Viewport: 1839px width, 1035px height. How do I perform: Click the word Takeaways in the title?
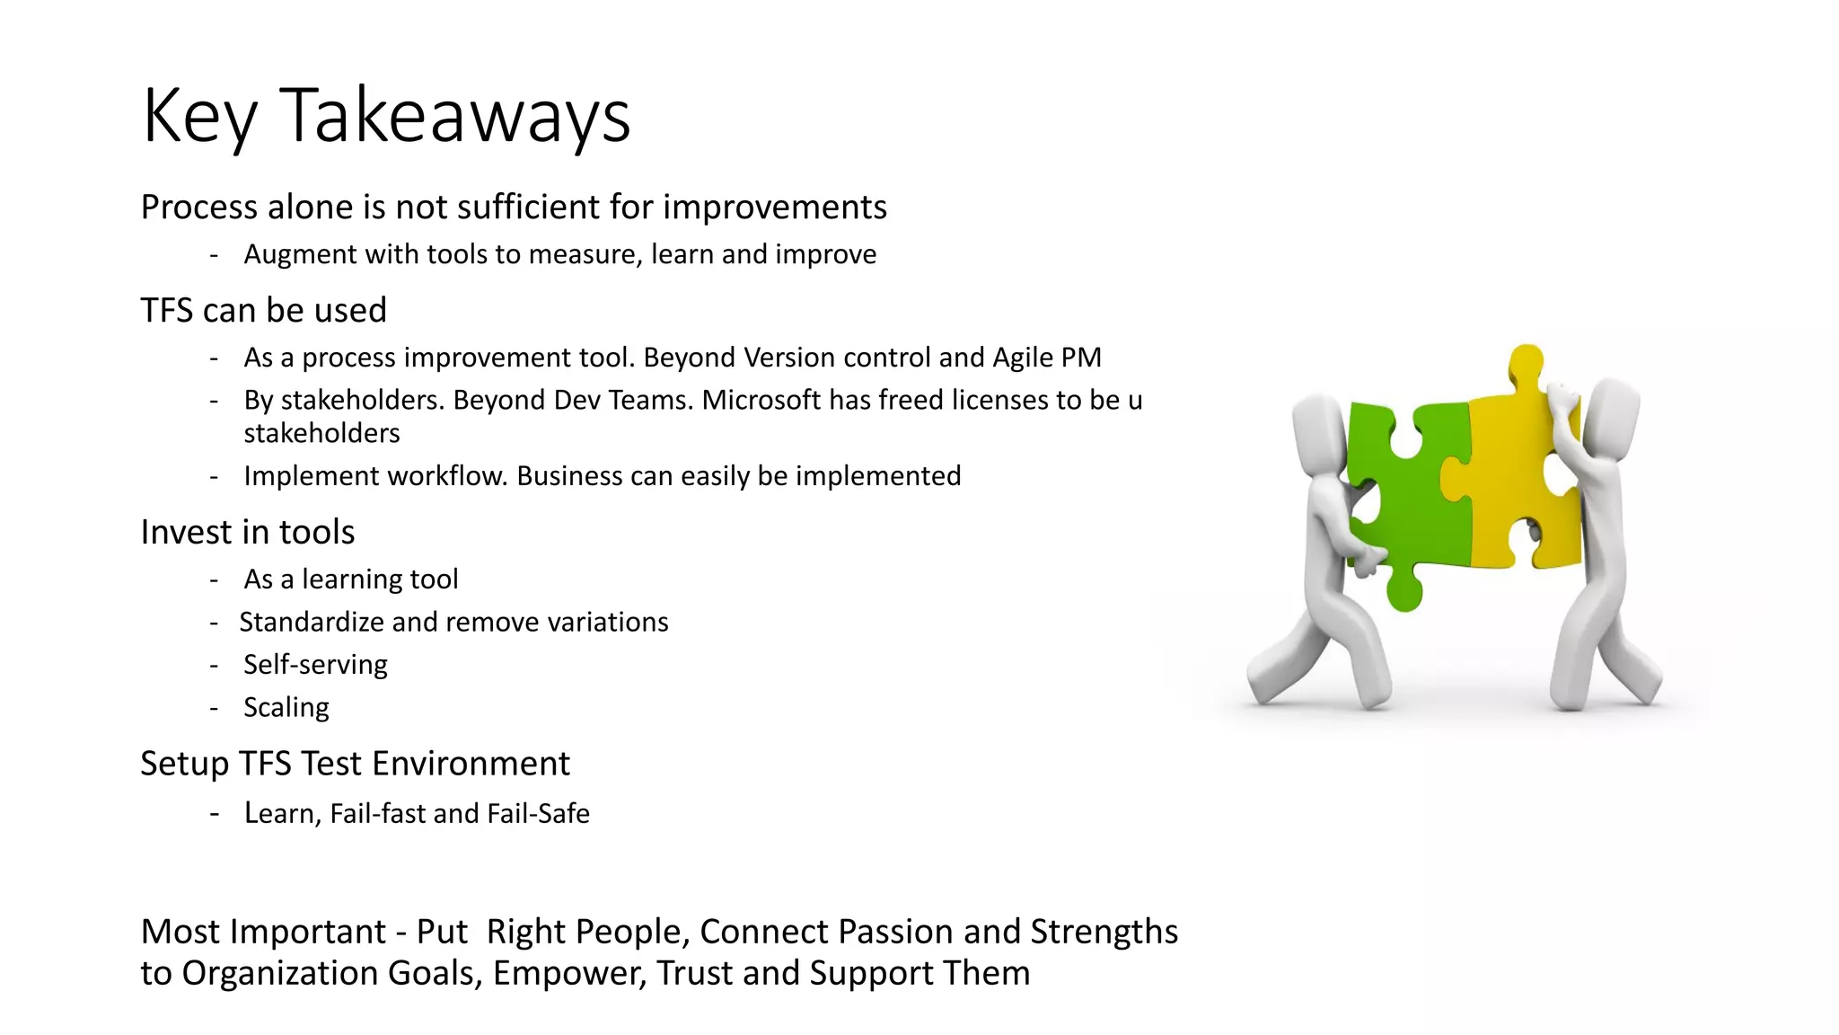point(455,116)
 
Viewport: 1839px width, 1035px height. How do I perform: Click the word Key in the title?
point(199,116)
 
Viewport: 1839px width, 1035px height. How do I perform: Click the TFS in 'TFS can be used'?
point(167,311)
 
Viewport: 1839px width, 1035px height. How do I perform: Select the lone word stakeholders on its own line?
point(321,434)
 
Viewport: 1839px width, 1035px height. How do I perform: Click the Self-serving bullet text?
point(315,665)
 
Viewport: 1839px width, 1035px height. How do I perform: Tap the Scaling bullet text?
point(286,708)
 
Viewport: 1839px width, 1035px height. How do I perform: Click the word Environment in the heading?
point(471,765)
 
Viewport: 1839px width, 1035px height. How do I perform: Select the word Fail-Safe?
point(538,814)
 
